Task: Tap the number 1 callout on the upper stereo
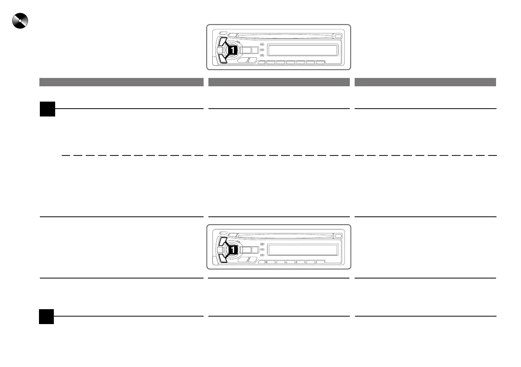coord(233,50)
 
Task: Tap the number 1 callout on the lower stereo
coord(233,250)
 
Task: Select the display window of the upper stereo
coord(303,49)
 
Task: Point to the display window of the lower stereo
coord(303,250)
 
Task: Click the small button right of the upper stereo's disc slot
coord(338,36)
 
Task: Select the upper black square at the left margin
coord(47,109)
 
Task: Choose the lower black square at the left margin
coord(46,316)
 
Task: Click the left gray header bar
coord(121,82)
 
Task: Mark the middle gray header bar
coord(279,82)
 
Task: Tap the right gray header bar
coord(425,82)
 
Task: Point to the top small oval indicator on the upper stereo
coord(262,44)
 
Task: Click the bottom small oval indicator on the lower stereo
coord(262,255)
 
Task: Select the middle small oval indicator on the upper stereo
coord(262,50)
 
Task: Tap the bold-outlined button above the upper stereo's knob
coord(222,42)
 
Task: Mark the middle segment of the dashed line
coord(279,155)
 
